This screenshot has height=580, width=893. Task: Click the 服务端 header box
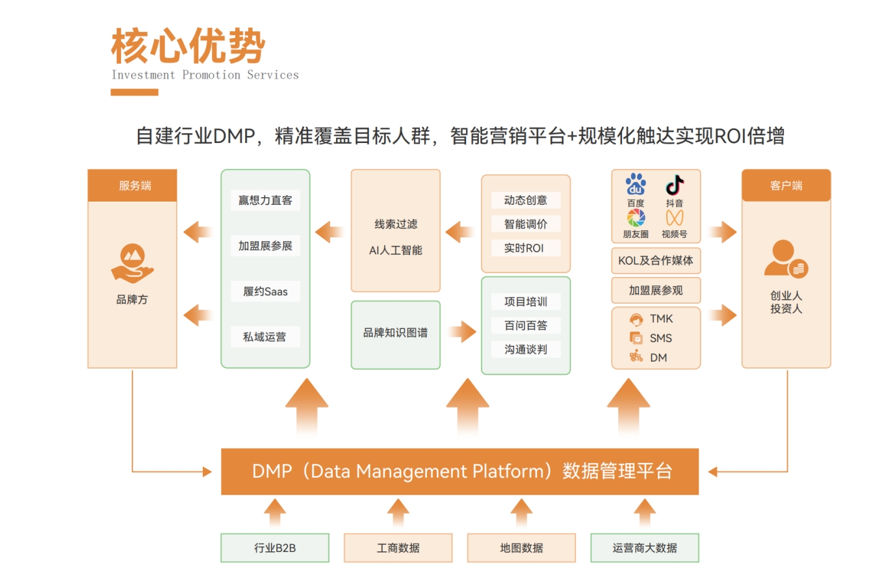click(133, 185)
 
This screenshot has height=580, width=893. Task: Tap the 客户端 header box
click(786, 185)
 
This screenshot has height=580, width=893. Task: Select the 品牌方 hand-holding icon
click(133, 263)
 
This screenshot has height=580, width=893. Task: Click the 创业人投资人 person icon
click(785, 259)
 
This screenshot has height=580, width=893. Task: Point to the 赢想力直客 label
click(265, 200)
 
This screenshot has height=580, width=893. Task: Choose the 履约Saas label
click(265, 291)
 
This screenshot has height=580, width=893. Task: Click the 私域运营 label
click(265, 337)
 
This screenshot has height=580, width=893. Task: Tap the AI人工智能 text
click(395, 250)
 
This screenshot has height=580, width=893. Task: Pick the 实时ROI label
click(524, 248)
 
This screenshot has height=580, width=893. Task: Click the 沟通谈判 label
click(526, 349)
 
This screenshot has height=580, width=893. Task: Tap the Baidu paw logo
click(636, 185)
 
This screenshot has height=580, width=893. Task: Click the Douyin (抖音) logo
click(675, 185)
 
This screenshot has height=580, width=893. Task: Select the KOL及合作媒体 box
click(656, 261)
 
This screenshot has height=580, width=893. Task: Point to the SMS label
click(660, 338)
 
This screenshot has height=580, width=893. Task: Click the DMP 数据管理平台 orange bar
click(459, 471)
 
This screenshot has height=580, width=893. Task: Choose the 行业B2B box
click(275, 548)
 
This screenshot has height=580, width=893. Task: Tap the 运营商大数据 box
click(645, 548)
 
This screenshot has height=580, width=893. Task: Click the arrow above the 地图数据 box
click(521, 512)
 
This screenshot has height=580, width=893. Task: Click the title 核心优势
click(188, 47)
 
